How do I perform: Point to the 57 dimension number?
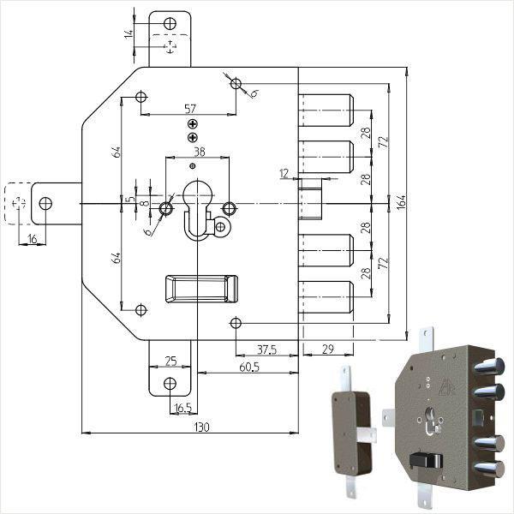[x=191, y=109]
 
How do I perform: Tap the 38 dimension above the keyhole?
[x=199, y=152]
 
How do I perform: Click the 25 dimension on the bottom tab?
[x=170, y=362]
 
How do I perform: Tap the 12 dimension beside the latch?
[x=284, y=173]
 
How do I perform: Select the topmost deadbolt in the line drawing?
[x=326, y=107]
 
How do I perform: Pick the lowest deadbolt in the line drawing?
[x=326, y=296]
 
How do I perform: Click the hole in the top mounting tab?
[x=171, y=22]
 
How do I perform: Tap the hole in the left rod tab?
[x=45, y=203]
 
